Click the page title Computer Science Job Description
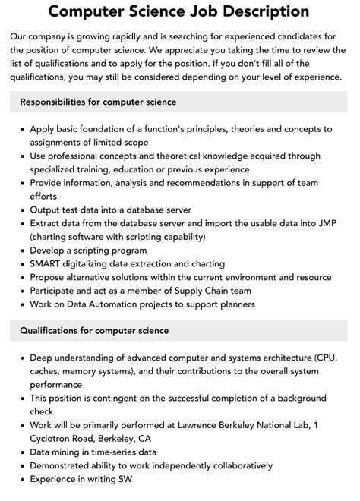click(179, 12)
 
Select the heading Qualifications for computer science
click(94, 330)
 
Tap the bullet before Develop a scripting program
click(21, 250)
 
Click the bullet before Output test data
click(21, 210)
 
